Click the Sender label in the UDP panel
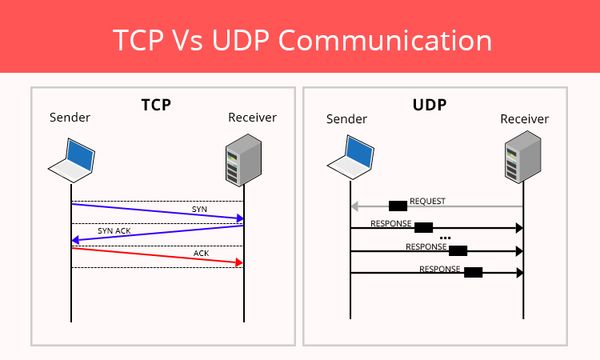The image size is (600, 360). pyautogui.click(x=348, y=120)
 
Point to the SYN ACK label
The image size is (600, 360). pyautogui.click(x=114, y=230)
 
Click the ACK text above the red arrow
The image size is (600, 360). pyautogui.click(x=201, y=253)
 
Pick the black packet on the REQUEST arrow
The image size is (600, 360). pyautogui.click(x=397, y=206)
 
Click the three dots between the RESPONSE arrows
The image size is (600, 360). pyautogui.click(x=445, y=238)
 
